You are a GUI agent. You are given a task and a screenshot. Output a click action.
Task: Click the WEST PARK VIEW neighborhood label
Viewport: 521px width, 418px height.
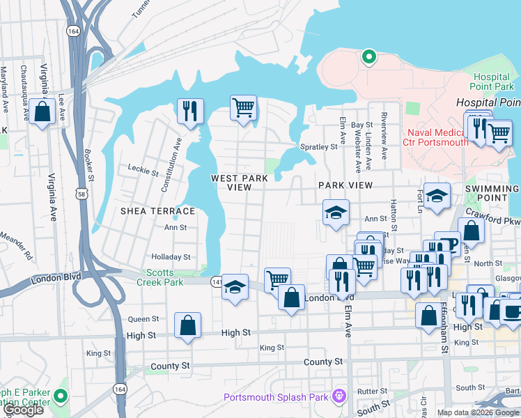coord(240,183)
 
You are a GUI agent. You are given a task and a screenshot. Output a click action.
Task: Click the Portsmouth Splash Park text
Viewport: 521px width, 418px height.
coord(276,397)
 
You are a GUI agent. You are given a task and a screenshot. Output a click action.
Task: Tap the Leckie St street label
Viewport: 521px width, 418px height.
coord(144,168)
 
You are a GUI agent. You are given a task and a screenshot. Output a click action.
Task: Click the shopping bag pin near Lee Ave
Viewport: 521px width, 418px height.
coord(42,112)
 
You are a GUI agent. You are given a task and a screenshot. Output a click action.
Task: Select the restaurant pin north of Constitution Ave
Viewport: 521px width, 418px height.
coord(189,111)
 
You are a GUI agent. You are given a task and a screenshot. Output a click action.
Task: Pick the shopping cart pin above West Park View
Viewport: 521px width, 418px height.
coord(243,108)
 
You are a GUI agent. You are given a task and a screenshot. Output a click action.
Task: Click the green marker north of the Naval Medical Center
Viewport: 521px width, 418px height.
coord(368,56)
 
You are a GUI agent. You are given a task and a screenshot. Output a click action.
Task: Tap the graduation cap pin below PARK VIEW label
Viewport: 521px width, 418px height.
coord(336,212)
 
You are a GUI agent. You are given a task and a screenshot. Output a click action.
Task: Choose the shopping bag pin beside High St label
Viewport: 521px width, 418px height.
coord(188,325)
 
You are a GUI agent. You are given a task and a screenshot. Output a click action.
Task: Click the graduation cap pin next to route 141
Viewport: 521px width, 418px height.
coord(235,287)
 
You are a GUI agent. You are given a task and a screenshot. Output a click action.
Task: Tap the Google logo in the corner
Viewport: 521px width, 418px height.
coord(24,410)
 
